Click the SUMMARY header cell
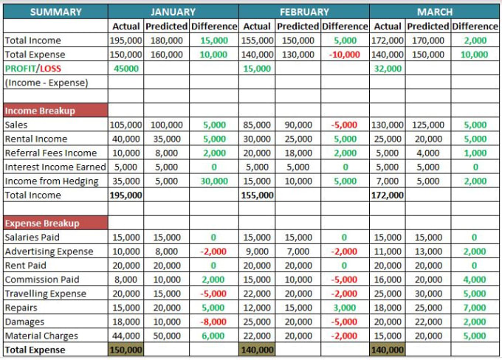pos(55,12)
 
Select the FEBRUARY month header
pos(304,12)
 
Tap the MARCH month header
pos(435,12)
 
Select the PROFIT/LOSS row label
pos(32,69)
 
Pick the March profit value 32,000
pos(388,69)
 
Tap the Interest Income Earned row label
pos(55,167)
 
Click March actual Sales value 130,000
pos(388,125)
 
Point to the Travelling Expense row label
pos(45,294)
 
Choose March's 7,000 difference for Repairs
pos(474,308)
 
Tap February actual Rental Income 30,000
pos(257,139)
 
